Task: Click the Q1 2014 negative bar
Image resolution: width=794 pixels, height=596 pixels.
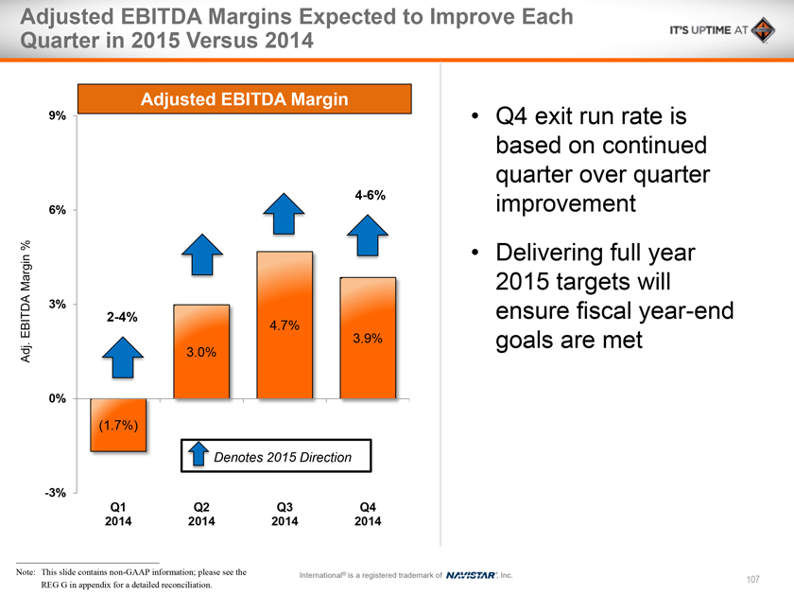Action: (118, 425)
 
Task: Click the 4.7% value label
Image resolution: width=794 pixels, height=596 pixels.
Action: (285, 326)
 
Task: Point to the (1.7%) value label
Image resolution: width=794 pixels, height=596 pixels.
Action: (118, 425)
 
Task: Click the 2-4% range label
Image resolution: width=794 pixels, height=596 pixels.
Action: (121, 318)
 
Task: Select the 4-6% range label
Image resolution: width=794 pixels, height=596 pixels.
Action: (370, 196)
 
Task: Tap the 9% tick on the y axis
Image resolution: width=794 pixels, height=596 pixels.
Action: (57, 115)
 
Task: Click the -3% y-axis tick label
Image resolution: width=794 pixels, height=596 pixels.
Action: (55, 493)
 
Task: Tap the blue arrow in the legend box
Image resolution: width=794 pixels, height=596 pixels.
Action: (199, 455)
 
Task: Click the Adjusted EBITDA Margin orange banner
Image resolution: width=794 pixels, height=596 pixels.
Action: (245, 99)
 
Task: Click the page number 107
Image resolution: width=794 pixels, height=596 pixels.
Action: (752, 579)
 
